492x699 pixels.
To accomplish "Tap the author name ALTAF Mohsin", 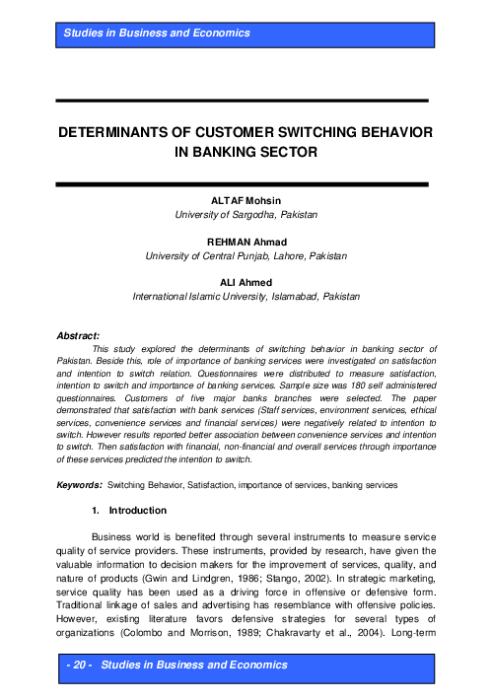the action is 246,201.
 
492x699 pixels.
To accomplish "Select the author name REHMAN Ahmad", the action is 246,242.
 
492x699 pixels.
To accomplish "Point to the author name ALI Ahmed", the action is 246,281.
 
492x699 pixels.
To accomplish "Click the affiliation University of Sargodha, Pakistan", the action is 246,215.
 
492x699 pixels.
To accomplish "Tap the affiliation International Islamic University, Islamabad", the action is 246,296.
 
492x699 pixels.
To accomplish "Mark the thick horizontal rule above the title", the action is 245,100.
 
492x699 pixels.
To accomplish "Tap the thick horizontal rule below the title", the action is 245,183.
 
